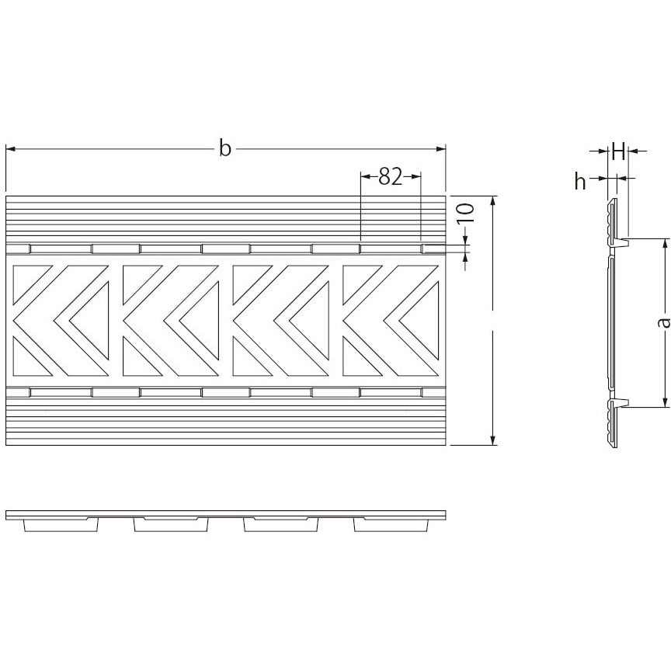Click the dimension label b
coord(225,148)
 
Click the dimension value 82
coord(391,176)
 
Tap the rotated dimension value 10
coord(467,213)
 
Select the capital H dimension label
coord(619,151)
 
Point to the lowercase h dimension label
coord(580,181)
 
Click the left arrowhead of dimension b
coord(11,149)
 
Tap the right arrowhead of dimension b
coord(441,149)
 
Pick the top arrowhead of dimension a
coord(665,244)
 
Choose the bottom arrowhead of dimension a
coord(665,402)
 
